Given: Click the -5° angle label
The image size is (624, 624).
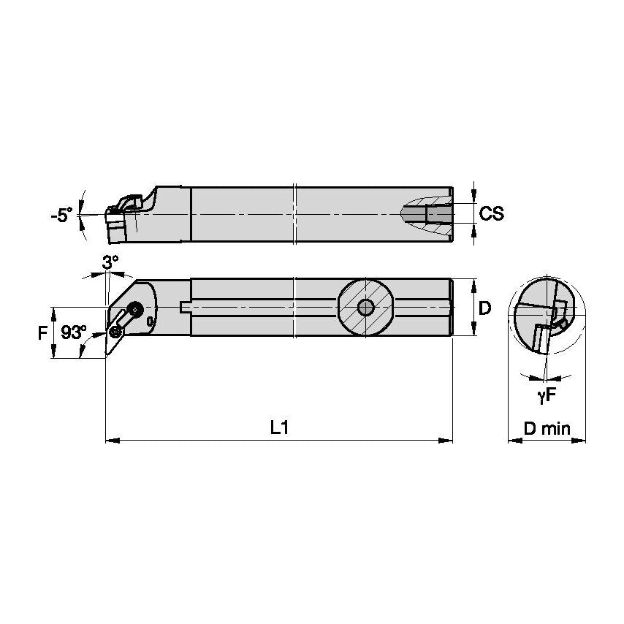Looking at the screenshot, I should click(x=61, y=215).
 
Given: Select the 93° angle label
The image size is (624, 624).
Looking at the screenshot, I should click(x=73, y=332).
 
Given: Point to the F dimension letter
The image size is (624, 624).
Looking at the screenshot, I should click(x=43, y=332).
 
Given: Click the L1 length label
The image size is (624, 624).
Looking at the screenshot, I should click(x=278, y=428).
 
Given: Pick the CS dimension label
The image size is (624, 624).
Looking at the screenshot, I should click(x=492, y=213).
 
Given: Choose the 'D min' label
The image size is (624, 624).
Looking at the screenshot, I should click(x=547, y=428).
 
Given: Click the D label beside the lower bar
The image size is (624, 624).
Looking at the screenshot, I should click(x=484, y=308).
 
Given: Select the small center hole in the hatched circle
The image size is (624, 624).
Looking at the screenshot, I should click(x=365, y=307).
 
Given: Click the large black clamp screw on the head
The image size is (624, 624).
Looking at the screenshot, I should click(x=134, y=308).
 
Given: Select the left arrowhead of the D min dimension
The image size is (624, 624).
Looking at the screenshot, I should click(x=512, y=441).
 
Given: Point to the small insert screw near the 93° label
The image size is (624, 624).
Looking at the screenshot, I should click(x=115, y=332).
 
